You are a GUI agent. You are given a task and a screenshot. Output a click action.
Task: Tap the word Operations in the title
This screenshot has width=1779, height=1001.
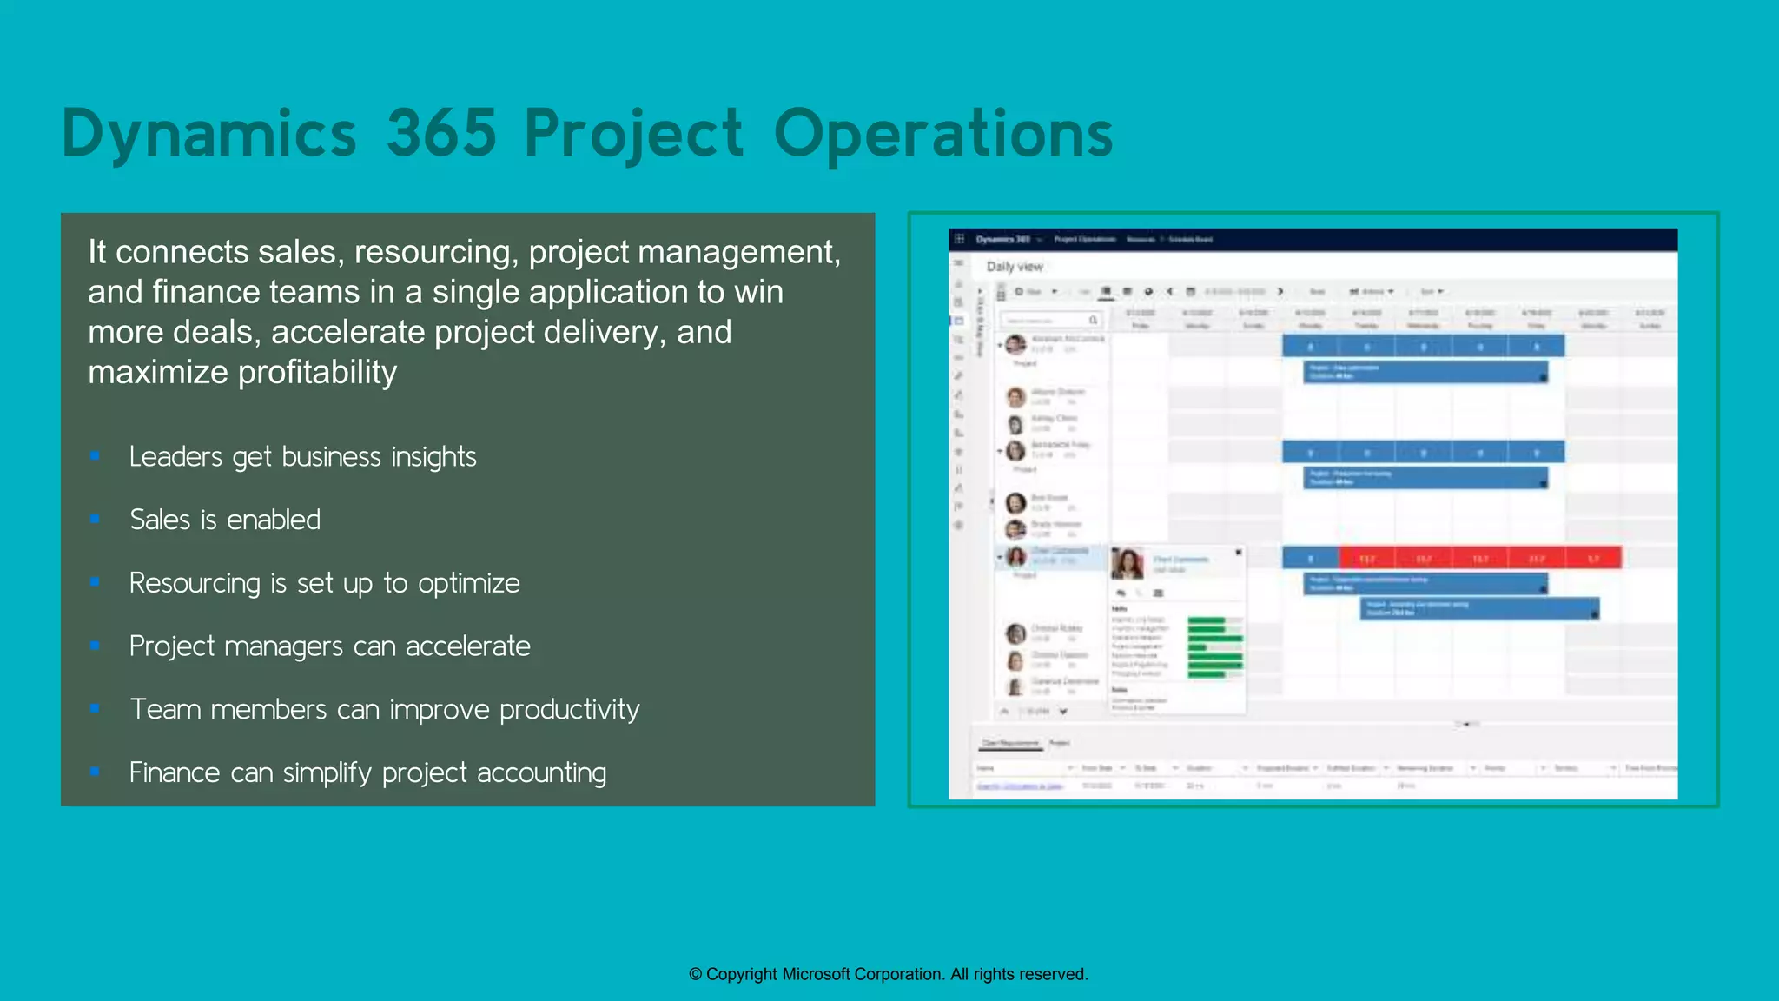tap(942, 135)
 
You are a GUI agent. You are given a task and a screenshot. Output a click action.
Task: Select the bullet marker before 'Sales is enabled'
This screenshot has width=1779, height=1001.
tap(95, 520)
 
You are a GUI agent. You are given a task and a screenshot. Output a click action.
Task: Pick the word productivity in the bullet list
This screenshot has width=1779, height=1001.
tap(570, 710)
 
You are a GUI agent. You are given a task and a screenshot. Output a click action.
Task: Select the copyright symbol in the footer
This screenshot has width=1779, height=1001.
tap(695, 975)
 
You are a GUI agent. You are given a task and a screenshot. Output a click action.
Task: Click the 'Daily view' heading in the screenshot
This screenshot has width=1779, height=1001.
tap(1015, 267)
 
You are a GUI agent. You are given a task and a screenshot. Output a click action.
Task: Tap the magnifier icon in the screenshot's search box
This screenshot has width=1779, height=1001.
tap(1094, 321)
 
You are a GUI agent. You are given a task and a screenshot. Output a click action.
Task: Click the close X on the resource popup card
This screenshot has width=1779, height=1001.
tap(1239, 553)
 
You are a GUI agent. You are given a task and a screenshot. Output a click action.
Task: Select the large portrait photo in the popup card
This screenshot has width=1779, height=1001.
tap(1128, 564)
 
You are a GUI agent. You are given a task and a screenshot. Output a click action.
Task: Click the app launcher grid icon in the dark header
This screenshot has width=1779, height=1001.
tap(959, 239)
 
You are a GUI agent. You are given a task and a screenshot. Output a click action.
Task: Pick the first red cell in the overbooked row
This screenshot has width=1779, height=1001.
tap(1366, 558)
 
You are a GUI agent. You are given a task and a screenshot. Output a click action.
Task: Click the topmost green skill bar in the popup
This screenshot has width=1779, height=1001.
tap(1207, 620)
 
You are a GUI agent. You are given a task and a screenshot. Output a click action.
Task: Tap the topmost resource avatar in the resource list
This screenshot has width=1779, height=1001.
tap(1015, 345)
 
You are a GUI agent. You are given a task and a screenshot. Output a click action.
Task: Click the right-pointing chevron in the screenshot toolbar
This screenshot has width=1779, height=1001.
tap(1280, 292)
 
